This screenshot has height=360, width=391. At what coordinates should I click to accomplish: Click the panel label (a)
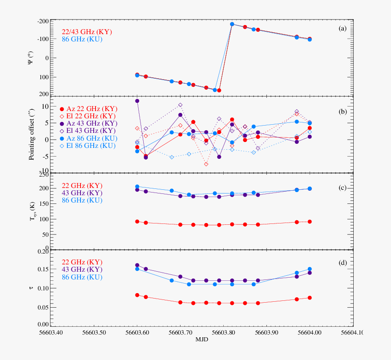(x=342, y=29)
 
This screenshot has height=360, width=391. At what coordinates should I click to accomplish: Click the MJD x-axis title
(x=202, y=340)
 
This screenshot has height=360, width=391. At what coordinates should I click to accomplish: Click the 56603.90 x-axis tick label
(x=267, y=333)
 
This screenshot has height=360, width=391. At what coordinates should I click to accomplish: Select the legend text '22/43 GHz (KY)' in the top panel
(x=87, y=32)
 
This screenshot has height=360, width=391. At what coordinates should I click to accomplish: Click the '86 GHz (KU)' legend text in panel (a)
(x=82, y=40)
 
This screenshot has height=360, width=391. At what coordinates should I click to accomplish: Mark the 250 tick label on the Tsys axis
(x=44, y=175)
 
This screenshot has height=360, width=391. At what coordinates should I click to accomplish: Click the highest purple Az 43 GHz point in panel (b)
(x=137, y=101)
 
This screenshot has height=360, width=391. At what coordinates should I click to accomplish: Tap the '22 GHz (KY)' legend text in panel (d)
(x=82, y=262)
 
